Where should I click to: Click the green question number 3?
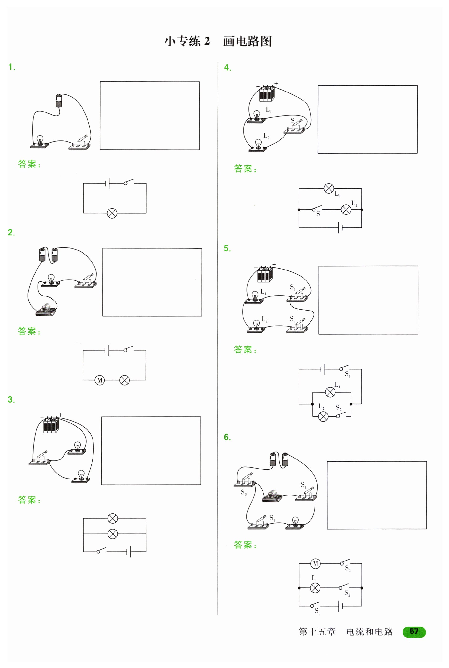coord(11,400)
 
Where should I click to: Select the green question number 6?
coord(227,437)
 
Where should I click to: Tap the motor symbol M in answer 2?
coord(100,380)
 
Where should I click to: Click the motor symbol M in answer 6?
coord(315,564)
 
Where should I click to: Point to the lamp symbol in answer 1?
coord(112,213)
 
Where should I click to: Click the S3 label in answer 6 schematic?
coord(318,611)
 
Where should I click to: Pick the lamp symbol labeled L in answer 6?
coord(315,588)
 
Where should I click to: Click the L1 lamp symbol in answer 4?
coord(329,188)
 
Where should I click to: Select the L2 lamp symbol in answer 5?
coord(323,416)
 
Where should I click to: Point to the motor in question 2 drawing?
coord(46,310)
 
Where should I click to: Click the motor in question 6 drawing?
coord(272,496)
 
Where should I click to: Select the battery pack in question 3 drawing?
coord(51,424)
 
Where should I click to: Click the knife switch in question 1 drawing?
coord(79,143)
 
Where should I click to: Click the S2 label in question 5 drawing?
coord(292,319)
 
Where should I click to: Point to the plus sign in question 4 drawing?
coord(276,84)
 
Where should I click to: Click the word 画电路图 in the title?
coord(248,41)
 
